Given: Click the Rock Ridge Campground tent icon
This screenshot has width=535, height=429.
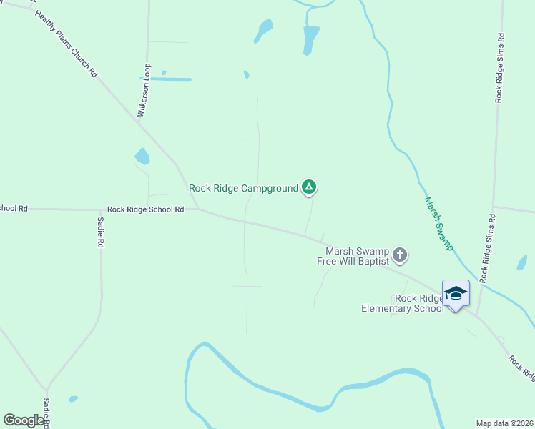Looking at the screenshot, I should (x=308, y=187).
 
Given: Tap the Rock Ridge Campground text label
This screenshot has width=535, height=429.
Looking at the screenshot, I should (x=243, y=189).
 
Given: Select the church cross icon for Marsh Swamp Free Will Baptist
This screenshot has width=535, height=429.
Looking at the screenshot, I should (x=400, y=255).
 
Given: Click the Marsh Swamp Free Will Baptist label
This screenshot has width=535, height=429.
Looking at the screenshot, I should (x=353, y=256).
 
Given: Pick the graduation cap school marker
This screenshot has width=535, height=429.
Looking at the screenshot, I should (x=456, y=292).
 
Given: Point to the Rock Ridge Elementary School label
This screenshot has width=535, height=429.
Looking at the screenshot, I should (x=402, y=303).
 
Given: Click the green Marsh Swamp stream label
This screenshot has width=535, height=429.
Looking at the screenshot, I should (x=438, y=223).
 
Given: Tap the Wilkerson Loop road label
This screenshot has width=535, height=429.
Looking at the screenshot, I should (x=144, y=90).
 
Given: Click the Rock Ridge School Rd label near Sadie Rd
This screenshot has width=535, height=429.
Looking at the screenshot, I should (x=146, y=209).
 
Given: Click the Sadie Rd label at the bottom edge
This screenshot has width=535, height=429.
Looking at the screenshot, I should (x=46, y=413).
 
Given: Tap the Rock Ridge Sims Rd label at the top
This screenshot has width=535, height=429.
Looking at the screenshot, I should (x=501, y=67).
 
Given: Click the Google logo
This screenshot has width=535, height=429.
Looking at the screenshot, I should (x=24, y=420).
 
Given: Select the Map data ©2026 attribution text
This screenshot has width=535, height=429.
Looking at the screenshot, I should (x=504, y=423).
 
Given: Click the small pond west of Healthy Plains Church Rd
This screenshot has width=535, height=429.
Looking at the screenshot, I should (x=142, y=156).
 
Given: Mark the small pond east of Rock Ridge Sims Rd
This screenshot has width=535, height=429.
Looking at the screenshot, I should (x=522, y=262).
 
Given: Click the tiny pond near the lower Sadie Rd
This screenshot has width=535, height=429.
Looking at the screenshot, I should (x=73, y=399).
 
